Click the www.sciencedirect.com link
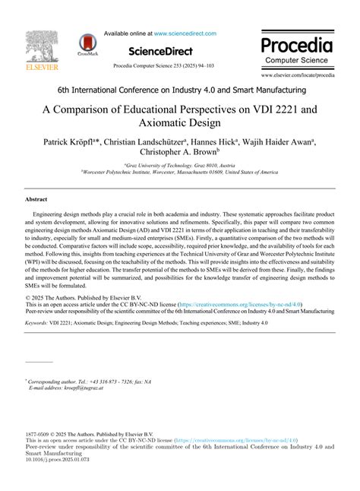[185, 33]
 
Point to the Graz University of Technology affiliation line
[180, 163]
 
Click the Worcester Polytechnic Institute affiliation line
[180, 171]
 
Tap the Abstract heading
[37, 198]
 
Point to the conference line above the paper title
[180, 90]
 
